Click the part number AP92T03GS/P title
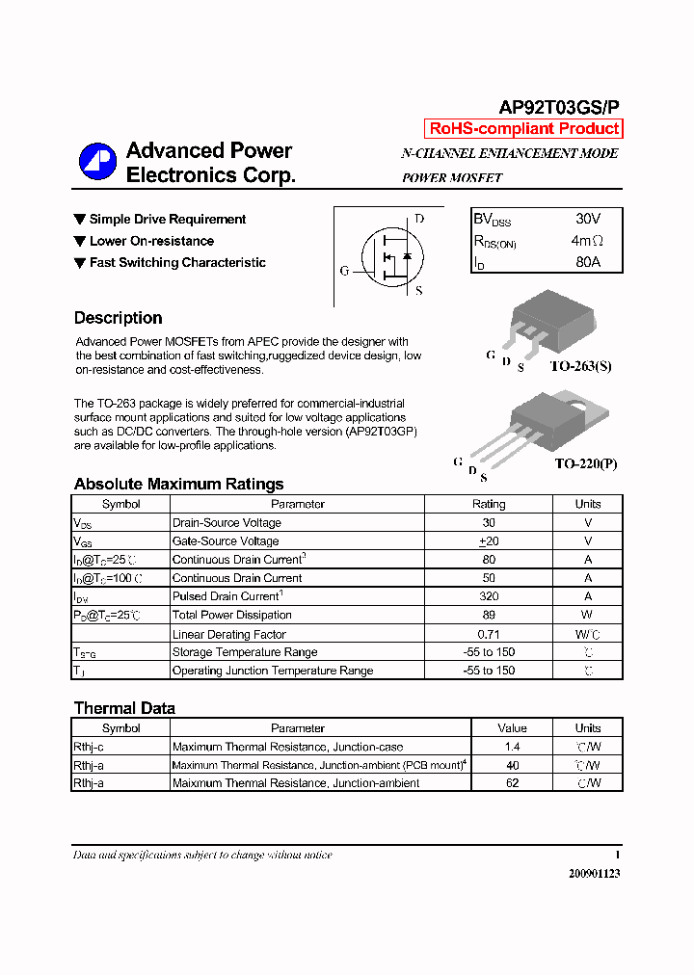(558, 108)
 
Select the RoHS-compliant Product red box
(523, 129)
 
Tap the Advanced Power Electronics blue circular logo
(97, 162)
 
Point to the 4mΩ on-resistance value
(587, 241)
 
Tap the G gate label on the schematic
(344, 271)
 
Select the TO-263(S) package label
(580, 366)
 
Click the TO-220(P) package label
(585, 463)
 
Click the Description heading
(118, 318)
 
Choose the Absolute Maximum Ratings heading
(178, 484)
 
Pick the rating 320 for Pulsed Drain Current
(489, 596)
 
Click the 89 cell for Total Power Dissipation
(489, 615)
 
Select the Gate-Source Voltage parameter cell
(226, 541)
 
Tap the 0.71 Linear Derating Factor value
(489, 634)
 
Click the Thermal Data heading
(124, 708)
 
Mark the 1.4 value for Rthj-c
(512, 747)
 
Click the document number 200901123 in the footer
(587, 873)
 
